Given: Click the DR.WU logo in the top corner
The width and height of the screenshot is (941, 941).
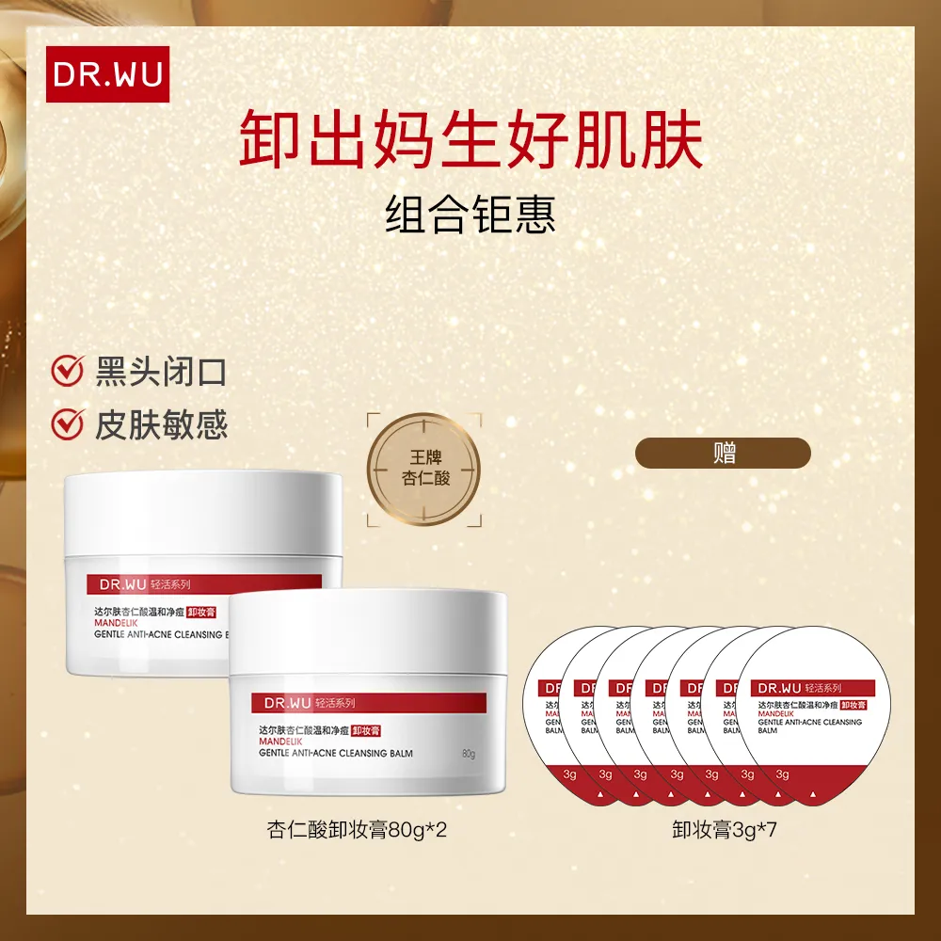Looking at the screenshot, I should pyautogui.click(x=108, y=74).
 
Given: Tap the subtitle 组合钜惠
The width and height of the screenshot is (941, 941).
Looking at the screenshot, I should pyautogui.click(x=470, y=214).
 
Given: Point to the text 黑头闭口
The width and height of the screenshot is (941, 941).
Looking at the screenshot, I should pyautogui.click(x=161, y=371).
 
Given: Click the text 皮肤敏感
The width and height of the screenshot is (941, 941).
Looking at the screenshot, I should pyautogui.click(x=161, y=425).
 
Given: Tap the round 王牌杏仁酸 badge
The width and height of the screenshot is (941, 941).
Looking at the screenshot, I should pyautogui.click(x=423, y=466).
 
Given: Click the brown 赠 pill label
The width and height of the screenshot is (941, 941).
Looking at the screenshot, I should pyautogui.click(x=724, y=453).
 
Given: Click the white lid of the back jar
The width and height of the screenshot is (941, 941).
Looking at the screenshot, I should pyautogui.click(x=202, y=513).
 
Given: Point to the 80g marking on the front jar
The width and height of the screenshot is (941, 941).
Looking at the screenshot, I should pyautogui.click(x=469, y=754).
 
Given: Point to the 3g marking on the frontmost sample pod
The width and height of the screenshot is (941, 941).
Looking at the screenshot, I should pyautogui.click(x=782, y=774).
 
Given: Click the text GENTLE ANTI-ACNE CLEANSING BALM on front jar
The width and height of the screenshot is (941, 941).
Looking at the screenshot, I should pyautogui.click(x=333, y=754).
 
